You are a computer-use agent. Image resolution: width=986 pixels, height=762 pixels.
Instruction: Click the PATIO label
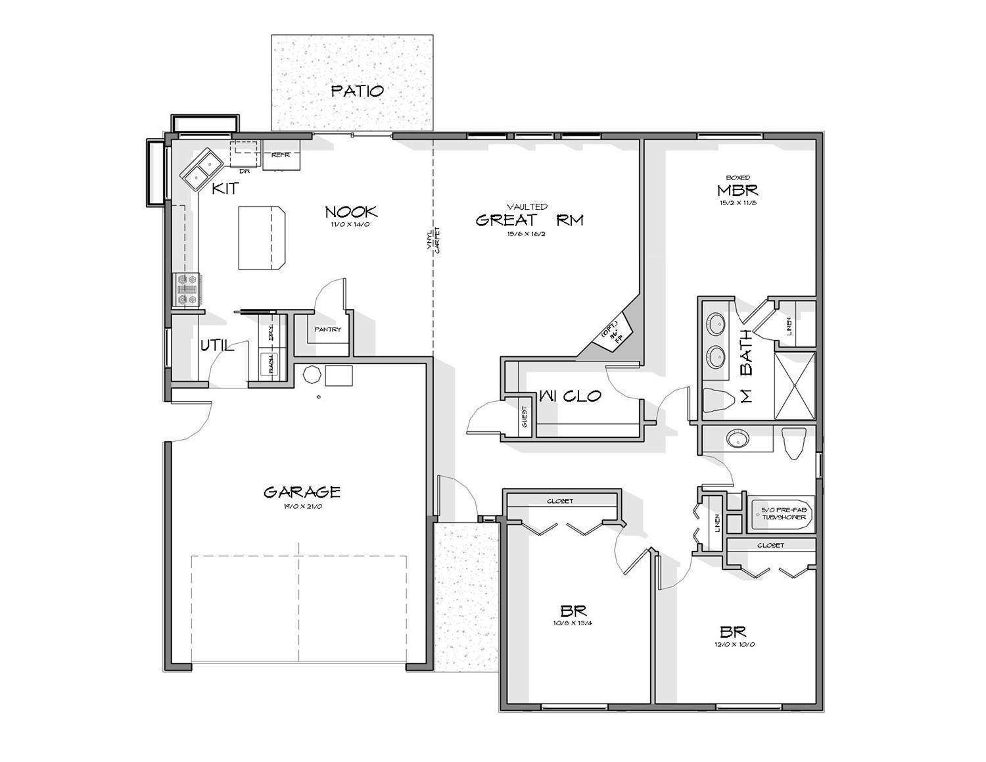[x=357, y=91]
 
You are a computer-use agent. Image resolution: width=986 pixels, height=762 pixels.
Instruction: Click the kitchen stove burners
[x=188, y=289]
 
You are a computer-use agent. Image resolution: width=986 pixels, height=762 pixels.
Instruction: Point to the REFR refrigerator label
[x=281, y=155]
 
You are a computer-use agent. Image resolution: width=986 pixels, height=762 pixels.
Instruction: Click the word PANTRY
[x=327, y=329]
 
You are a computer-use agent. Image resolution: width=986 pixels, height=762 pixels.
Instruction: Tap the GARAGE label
[x=302, y=492]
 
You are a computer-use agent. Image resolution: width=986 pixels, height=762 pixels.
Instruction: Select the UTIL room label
[x=217, y=345]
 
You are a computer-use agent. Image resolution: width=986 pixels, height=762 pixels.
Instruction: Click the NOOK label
[x=351, y=212]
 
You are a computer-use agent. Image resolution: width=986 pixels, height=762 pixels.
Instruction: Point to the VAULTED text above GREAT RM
[x=527, y=206]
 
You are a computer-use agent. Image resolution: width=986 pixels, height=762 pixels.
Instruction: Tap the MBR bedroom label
[x=737, y=190]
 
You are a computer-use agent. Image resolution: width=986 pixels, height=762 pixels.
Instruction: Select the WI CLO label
[x=570, y=396]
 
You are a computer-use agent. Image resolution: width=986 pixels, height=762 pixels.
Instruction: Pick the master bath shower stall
[x=795, y=385]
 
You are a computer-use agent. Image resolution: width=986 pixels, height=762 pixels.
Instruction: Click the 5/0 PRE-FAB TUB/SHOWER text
[x=784, y=513]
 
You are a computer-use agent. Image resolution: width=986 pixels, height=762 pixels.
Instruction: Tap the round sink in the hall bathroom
[x=737, y=438]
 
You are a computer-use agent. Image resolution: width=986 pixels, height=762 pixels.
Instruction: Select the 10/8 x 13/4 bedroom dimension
[x=573, y=622]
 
